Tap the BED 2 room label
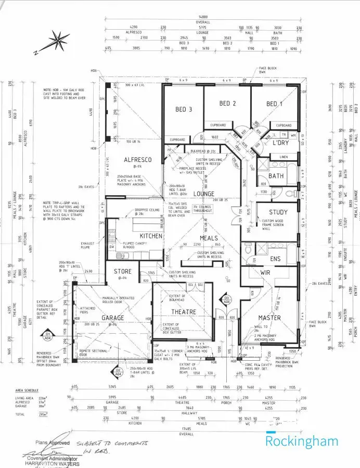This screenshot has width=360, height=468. pos(227,104)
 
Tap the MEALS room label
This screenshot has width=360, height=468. pos(209,238)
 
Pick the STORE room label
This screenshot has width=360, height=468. pos(123,271)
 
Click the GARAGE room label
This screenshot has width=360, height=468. pos(112,318)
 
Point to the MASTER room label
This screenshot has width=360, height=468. pos(269,317)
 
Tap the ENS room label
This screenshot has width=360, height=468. pos(275,258)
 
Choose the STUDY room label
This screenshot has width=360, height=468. pos(278,212)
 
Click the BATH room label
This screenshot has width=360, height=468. pos(276,176)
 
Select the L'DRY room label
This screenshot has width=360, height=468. pos(280,142)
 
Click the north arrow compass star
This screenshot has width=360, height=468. pos(59,40)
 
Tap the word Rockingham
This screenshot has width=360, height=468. pos(302,441)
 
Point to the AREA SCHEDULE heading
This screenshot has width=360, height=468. pos(28,389)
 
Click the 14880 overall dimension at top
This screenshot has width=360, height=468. pos(203,17)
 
